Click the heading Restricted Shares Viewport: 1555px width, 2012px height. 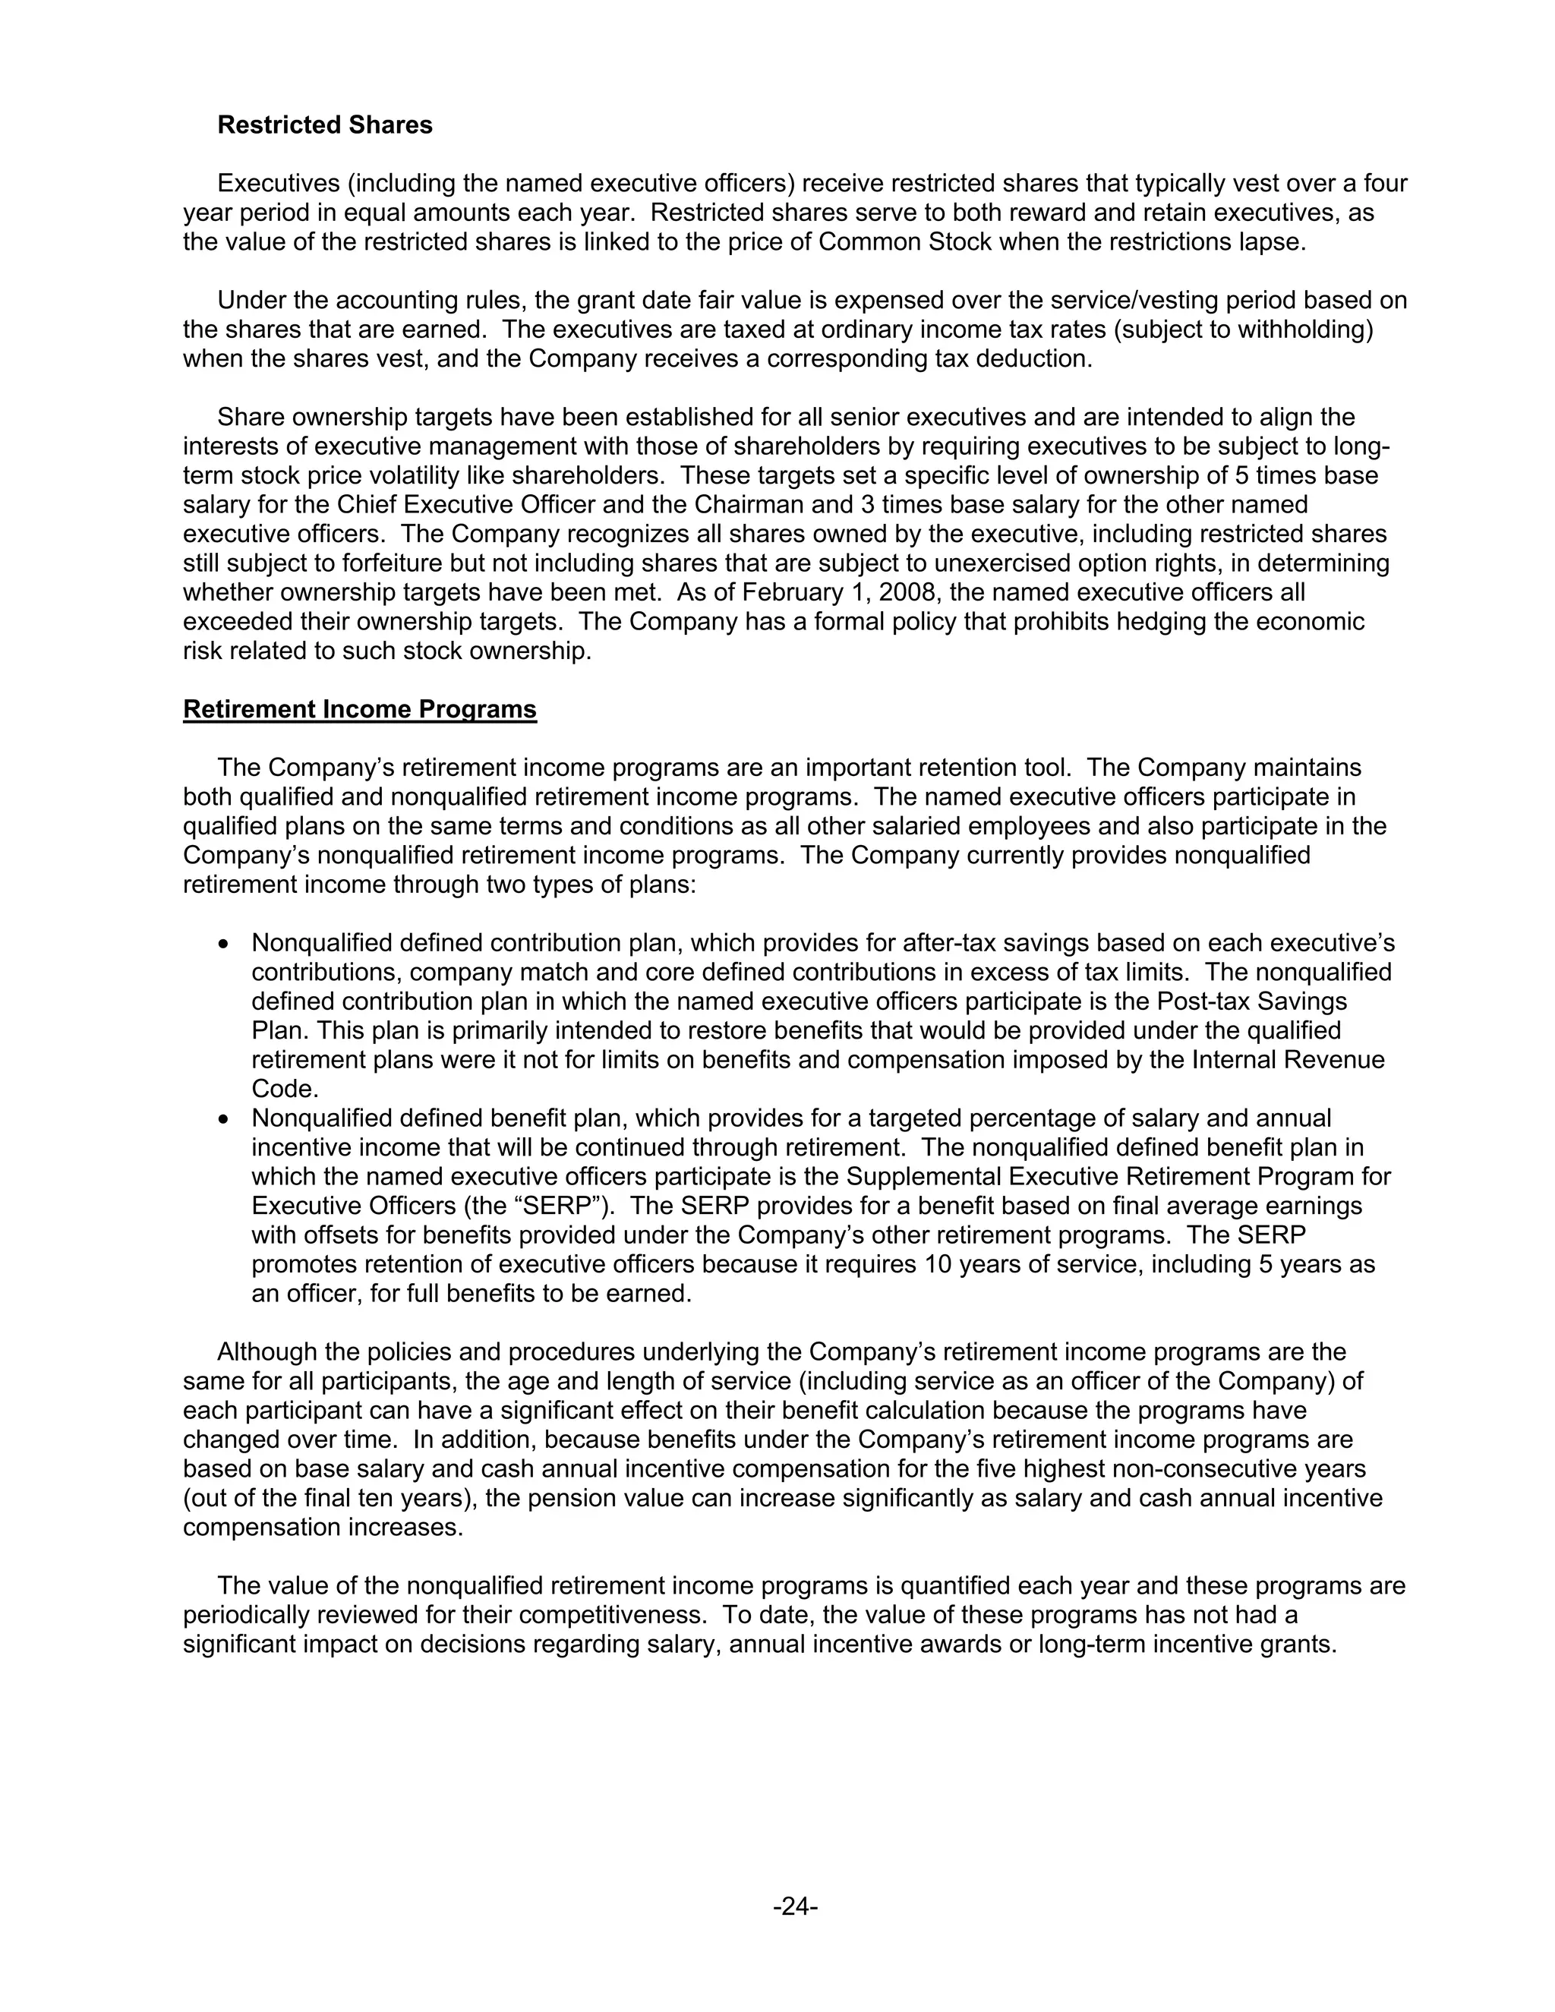324,125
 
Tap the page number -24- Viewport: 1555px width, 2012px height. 795,1906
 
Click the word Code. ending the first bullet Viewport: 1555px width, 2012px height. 285,1089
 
